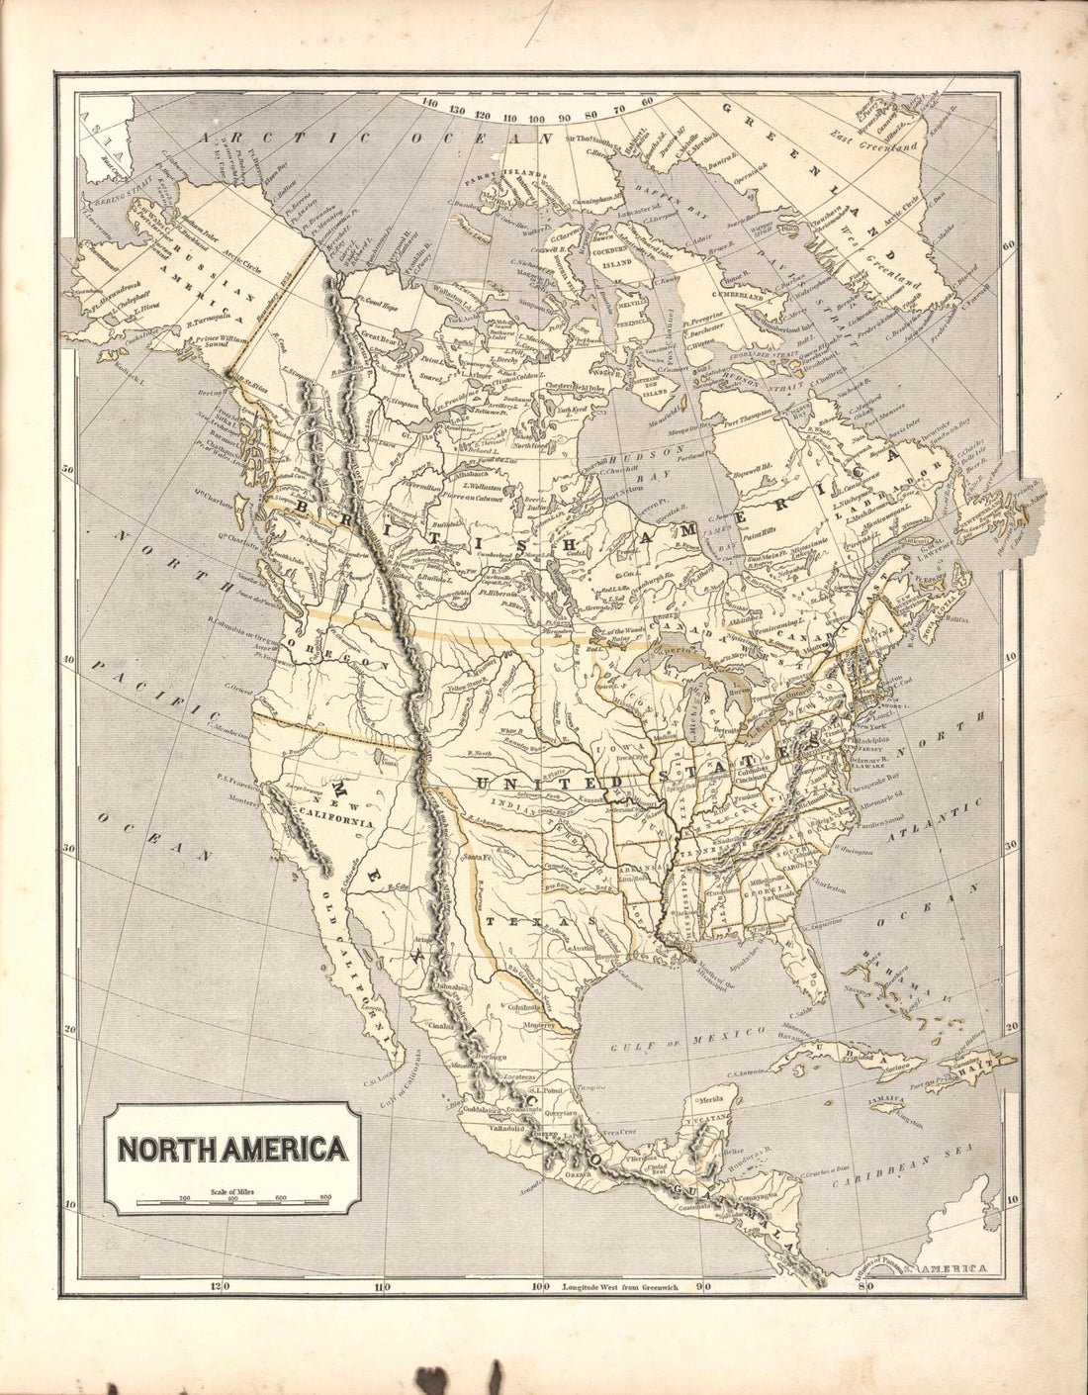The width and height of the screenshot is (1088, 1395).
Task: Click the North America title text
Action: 232,1149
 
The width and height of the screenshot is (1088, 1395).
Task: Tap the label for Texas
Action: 537,920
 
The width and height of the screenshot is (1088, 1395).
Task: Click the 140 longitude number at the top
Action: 429,102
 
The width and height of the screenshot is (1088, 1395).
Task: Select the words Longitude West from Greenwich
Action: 618,1287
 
